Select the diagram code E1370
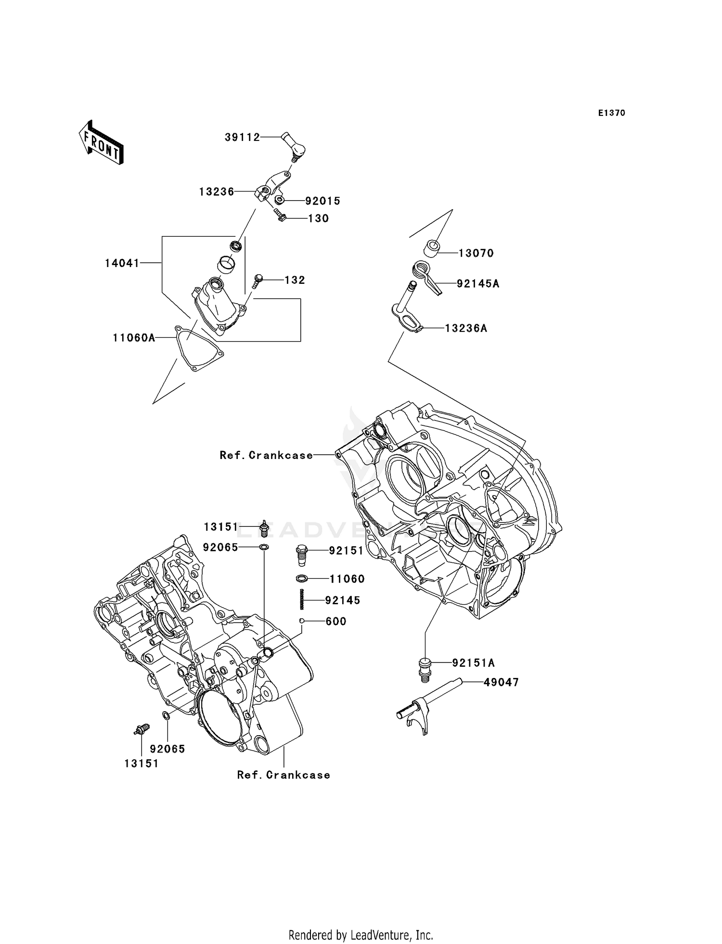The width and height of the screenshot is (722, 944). click(611, 113)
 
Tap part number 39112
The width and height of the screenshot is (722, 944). click(242, 138)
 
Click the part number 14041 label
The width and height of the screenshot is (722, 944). click(122, 263)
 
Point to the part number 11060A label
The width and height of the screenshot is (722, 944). click(134, 338)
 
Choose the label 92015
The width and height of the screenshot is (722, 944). click(322, 201)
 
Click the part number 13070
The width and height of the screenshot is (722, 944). click(476, 253)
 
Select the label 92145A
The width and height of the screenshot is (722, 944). click(478, 284)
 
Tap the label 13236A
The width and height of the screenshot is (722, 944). click(466, 328)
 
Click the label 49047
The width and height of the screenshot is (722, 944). click(501, 682)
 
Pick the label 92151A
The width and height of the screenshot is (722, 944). click(473, 663)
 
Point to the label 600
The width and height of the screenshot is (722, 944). click(336, 621)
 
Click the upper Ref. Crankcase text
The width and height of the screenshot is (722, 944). click(266, 455)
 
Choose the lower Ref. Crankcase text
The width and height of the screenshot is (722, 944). click(284, 775)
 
